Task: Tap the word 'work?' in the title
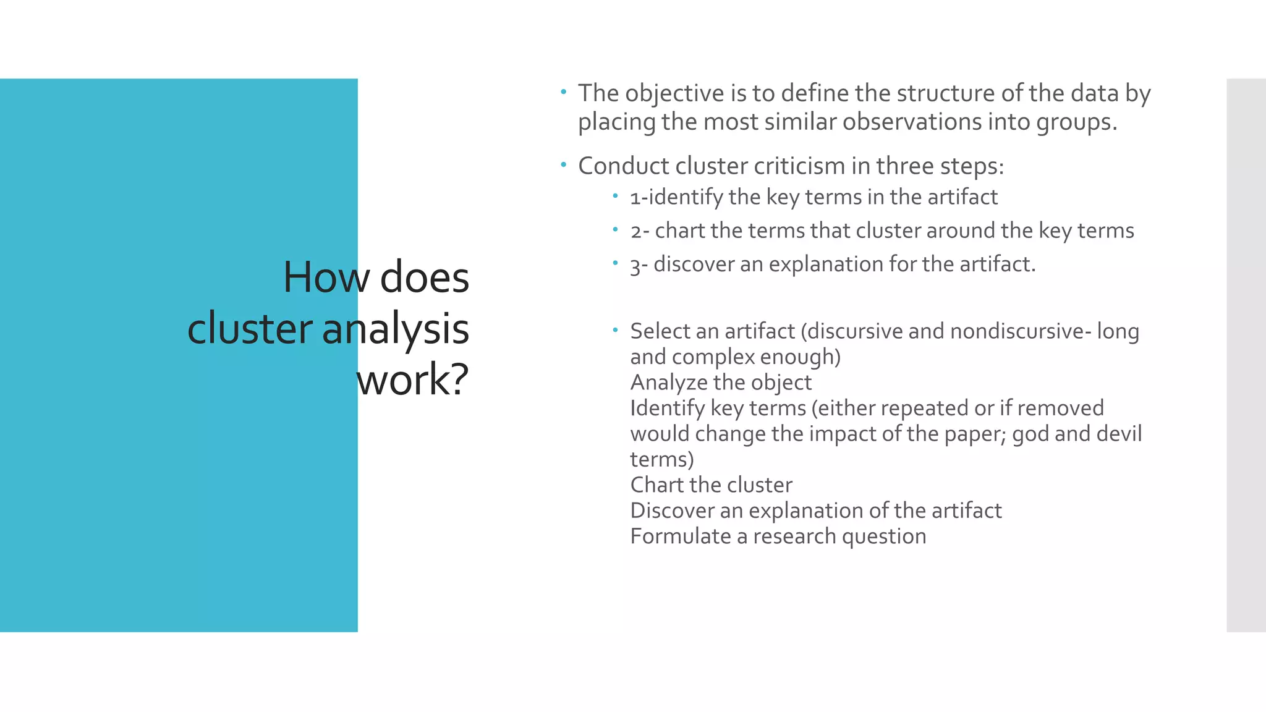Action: tap(412, 379)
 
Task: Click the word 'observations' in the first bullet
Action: tap(912, 122)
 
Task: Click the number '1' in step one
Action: tap(635, 198)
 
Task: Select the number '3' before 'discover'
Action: tap(636, 265)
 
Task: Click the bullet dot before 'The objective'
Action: tap(563, 93)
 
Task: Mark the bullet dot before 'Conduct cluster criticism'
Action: tap(563, 165)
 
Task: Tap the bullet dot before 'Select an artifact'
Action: tap(615, 330)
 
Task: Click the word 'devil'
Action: tap(1118, 434)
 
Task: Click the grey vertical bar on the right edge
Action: tap(1246, 355)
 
